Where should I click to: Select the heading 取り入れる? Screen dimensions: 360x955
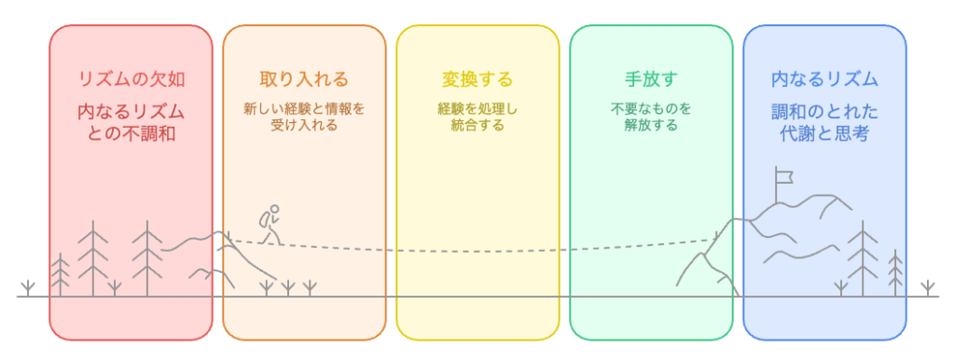coord(304,78)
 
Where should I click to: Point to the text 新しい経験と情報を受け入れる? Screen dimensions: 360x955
coord(304,117)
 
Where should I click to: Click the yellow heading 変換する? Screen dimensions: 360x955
coord(477,78)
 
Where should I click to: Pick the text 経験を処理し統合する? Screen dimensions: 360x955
coord(477,117)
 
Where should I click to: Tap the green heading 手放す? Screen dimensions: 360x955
coord(651,78)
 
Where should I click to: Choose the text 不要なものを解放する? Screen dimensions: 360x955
coord(651,117)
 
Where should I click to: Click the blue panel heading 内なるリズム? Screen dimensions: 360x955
coord(824,78)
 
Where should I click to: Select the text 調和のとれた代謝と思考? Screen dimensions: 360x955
coord(824,123)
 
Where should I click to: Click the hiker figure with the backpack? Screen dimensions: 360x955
coord(270,225)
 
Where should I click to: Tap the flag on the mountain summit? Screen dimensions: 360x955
coord(782,174)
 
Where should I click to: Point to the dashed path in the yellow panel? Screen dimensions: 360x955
coord(477,250)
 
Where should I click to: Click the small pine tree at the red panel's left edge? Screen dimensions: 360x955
coord(61,274)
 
